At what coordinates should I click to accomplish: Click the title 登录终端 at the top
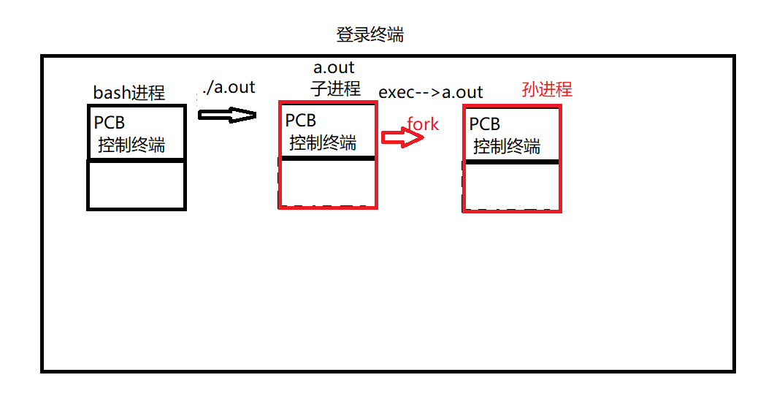tap(369, 35)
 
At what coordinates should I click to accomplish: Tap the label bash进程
tap(129, 93)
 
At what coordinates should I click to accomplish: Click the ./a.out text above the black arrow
tap(229, 88)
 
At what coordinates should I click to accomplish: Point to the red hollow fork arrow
tap(402, 137)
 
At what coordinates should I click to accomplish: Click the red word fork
tap(423, 124)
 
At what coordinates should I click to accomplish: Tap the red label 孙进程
tap(547, 89)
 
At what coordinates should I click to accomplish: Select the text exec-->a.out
tap(431, 92)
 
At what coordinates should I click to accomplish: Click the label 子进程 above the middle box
tap(336, 89)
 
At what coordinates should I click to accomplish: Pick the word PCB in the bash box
tap(110, 124)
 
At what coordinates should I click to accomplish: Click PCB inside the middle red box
tap(301, 121)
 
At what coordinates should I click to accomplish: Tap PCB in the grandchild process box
tap(485, 124)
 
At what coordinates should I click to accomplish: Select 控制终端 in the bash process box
tap(131, 145)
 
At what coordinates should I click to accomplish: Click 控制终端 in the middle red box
tap(323, 143)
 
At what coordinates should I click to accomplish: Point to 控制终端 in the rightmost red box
tap(507, 145)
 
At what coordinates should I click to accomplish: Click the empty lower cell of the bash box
tap(137, 185)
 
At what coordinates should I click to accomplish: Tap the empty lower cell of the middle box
tap(328, 183)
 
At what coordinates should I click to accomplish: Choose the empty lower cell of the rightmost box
tap(512, 186)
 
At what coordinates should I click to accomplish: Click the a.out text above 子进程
tap(334, 68)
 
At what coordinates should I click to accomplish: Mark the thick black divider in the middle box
tap(328, 158)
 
